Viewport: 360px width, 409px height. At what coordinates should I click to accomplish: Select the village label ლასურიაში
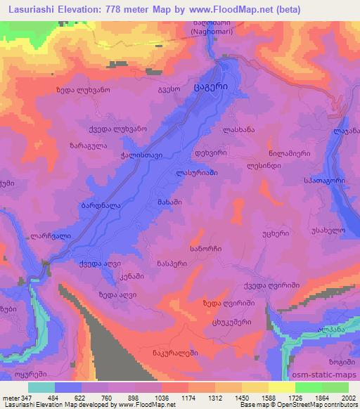tap(197, 173)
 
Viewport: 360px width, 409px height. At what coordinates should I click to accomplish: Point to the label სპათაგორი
tap(323, 180)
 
